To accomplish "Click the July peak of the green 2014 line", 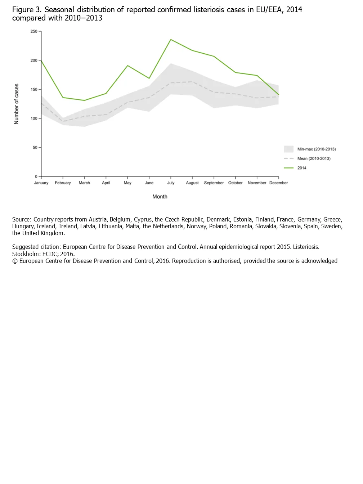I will click(x=171, y=40).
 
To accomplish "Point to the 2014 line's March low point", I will click(x=84, y=100).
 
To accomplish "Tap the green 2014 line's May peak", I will click(x=127, y=66).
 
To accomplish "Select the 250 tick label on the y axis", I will click(x=34, y=31).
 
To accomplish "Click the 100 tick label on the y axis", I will click(x=34, y=118).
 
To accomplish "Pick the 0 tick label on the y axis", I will click(x=36, y=176).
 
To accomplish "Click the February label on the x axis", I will click(x=63, y=183).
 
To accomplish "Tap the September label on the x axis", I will click(x=214, y=183).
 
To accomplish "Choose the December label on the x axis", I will click(x=278, y=183).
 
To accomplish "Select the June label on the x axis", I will click(x=149, y=183).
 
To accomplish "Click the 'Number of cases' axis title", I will click(x=16, y=104).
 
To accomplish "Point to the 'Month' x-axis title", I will click(x=160, y=197).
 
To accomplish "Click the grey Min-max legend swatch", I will click(x=288, y=149).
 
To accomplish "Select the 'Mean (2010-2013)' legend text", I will click(x=314, y=158).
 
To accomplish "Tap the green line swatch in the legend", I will click(x=288, y=168).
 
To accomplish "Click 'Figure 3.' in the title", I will click(x=27, y=10).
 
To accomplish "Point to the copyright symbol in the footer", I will click(x=15, y=261).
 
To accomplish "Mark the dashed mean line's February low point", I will click(x=63, y=121).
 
